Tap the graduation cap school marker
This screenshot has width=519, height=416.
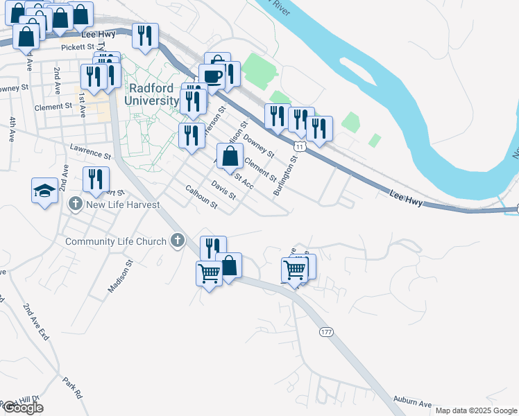pyautogui.click(x=44, y=190)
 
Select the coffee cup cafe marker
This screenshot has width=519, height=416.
pyautogui.click(x=211, y=76)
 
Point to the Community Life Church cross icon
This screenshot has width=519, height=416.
pyautogui.click(x=177, y=241)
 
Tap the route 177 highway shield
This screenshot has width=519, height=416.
pyautogui.click(x=326, y=332)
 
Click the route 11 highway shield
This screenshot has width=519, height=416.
pyautogui.click(x=299, y=146)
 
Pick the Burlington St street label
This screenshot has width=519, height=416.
pyautogui.click(x=284, y=175)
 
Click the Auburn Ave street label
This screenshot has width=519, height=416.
pyautogui.click(x=412, y=404)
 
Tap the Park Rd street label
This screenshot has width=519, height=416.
pyautogui.click(x=72, y=387)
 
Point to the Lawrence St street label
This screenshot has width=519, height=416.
pyautogui.click(x=90, y=151)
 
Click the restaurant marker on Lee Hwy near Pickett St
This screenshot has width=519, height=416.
pyautogui.click(x=145, y=35)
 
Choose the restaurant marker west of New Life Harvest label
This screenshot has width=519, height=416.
pyautogui.click(x=96, y=179)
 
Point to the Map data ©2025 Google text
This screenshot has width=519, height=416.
pyautogui.click(x=475, y=410)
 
